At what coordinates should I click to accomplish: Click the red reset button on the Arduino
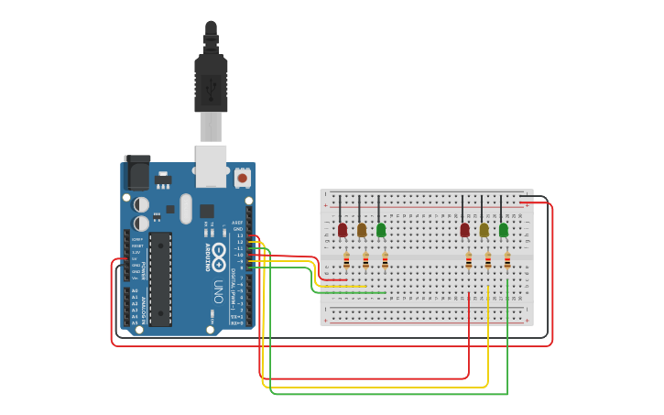click(243, 178)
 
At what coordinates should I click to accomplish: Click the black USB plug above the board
click(211, 82)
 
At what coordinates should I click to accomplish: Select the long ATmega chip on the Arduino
click(160, 278)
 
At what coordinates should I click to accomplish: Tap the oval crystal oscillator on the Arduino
click(186, 208)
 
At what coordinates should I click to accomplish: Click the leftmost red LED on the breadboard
click(343, 229)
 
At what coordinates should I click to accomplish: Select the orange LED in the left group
click(362, 229)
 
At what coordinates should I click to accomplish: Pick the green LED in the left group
click(381, 229)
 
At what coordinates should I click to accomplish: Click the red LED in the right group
click(464, 229)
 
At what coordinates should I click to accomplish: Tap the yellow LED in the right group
click(484, 230)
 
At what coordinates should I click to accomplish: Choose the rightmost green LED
click(503, 229)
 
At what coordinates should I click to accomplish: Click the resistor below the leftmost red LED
click(346, 261)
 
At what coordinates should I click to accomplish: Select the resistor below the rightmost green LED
click(507, 261)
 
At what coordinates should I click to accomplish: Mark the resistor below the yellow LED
click(488, 261)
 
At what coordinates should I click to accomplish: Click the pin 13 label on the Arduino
click(239, 235)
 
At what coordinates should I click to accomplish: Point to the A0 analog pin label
click(135, 291)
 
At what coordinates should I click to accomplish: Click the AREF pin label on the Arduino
click(237, 223)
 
